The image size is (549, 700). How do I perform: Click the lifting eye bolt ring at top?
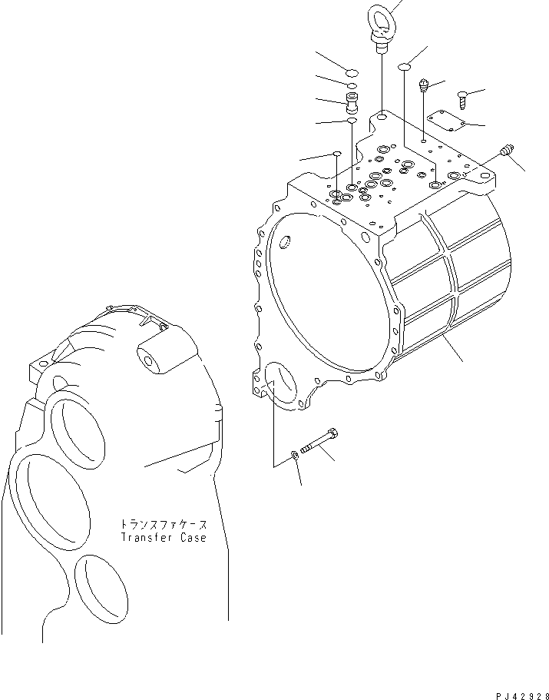[382, 12]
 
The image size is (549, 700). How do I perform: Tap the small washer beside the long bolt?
[296, 458]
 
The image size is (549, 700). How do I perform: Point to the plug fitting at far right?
[505, 152]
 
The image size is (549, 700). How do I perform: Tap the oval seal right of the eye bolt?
[403, 69]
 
